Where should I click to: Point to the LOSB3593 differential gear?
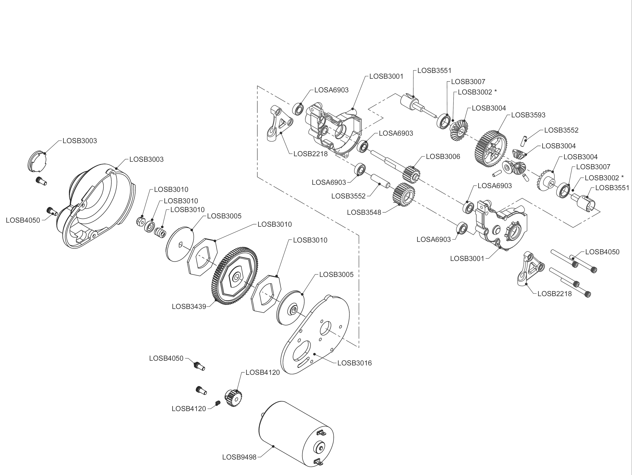coord(491,149)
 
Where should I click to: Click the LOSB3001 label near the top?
coord(386,77)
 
